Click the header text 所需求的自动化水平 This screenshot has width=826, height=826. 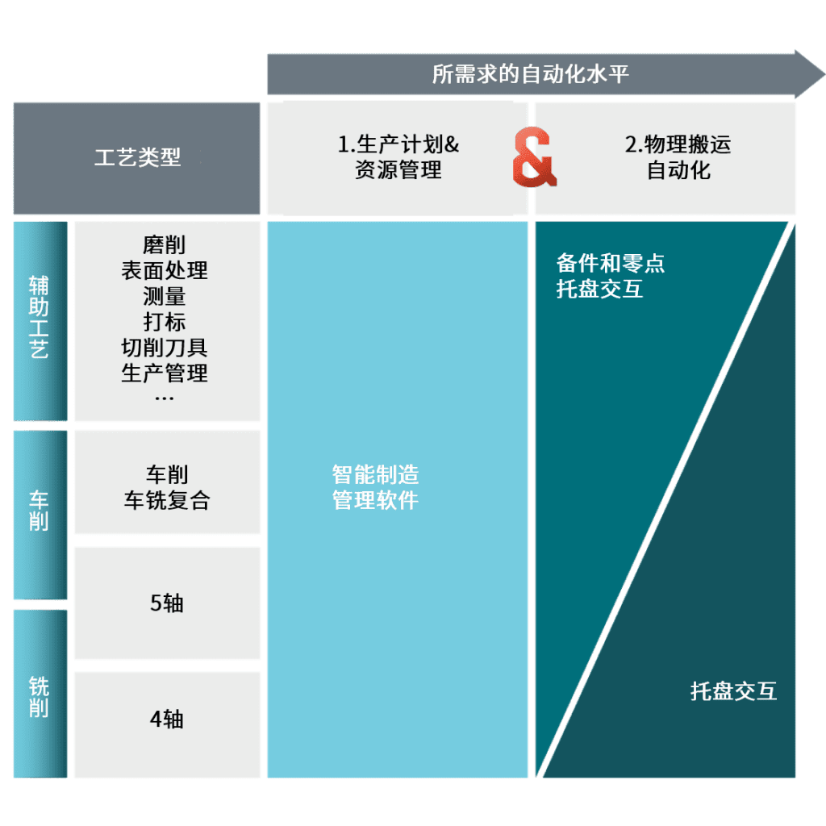point(530,75)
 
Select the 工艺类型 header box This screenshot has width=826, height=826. point(137,157)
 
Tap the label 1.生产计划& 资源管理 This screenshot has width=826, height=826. point(398,157)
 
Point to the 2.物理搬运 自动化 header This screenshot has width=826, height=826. point(678,157)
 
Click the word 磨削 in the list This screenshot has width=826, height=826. point(165,244)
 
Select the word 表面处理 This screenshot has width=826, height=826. point(165,270)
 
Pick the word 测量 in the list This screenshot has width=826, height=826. point(165,296)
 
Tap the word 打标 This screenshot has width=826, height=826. point(165,322)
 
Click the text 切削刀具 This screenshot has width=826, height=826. point(165,348)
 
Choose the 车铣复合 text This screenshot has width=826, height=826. point(167,500)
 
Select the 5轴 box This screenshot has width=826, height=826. point(167,603)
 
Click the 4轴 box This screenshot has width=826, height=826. point(167,719)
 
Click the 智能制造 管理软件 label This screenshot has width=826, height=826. point(375,486)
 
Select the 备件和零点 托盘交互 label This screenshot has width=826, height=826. point(611,276)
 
